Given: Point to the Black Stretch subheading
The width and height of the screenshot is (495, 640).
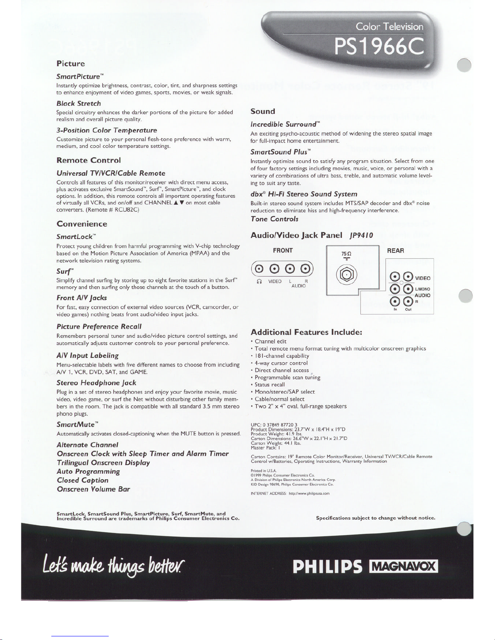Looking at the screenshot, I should (79, 103).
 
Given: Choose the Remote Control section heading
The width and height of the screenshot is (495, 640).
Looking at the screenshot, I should (88, 160).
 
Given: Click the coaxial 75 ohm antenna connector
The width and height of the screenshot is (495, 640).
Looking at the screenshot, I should (346, 275).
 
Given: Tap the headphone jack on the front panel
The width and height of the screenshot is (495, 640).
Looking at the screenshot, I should (259, 269).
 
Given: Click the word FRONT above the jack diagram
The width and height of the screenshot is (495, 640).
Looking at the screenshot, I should (283, 250).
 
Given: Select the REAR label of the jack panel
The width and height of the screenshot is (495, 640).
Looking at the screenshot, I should (395, 250).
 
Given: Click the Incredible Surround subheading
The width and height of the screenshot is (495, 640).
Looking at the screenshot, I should (285, 124).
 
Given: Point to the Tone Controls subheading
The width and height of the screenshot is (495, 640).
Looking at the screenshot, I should (274, 219).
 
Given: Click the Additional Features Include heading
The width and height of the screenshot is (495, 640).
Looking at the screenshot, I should (306, 332).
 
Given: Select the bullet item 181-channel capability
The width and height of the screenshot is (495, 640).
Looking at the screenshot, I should (282, 356).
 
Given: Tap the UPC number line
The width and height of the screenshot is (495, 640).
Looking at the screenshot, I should (274, 424).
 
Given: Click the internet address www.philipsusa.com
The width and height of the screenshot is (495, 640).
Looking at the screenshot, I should (309, 493).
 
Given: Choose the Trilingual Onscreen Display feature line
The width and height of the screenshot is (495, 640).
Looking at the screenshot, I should (103, 462).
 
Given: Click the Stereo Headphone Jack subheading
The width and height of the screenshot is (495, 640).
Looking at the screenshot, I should (96, 382).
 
